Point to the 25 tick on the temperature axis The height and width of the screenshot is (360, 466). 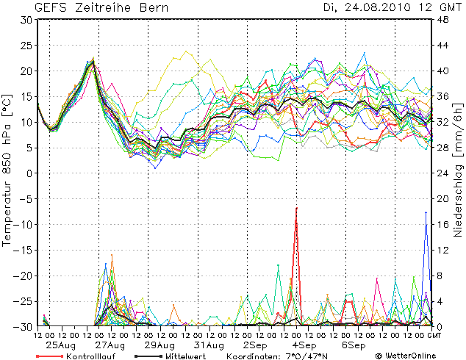point(26,45)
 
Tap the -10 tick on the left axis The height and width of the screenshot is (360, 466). point(24,224)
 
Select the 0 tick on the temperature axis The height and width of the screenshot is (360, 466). point(29,173)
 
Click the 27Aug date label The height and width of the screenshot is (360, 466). point(111,345)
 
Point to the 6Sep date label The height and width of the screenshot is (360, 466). point(353,345)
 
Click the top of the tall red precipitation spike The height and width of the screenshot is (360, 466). point(296,208)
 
